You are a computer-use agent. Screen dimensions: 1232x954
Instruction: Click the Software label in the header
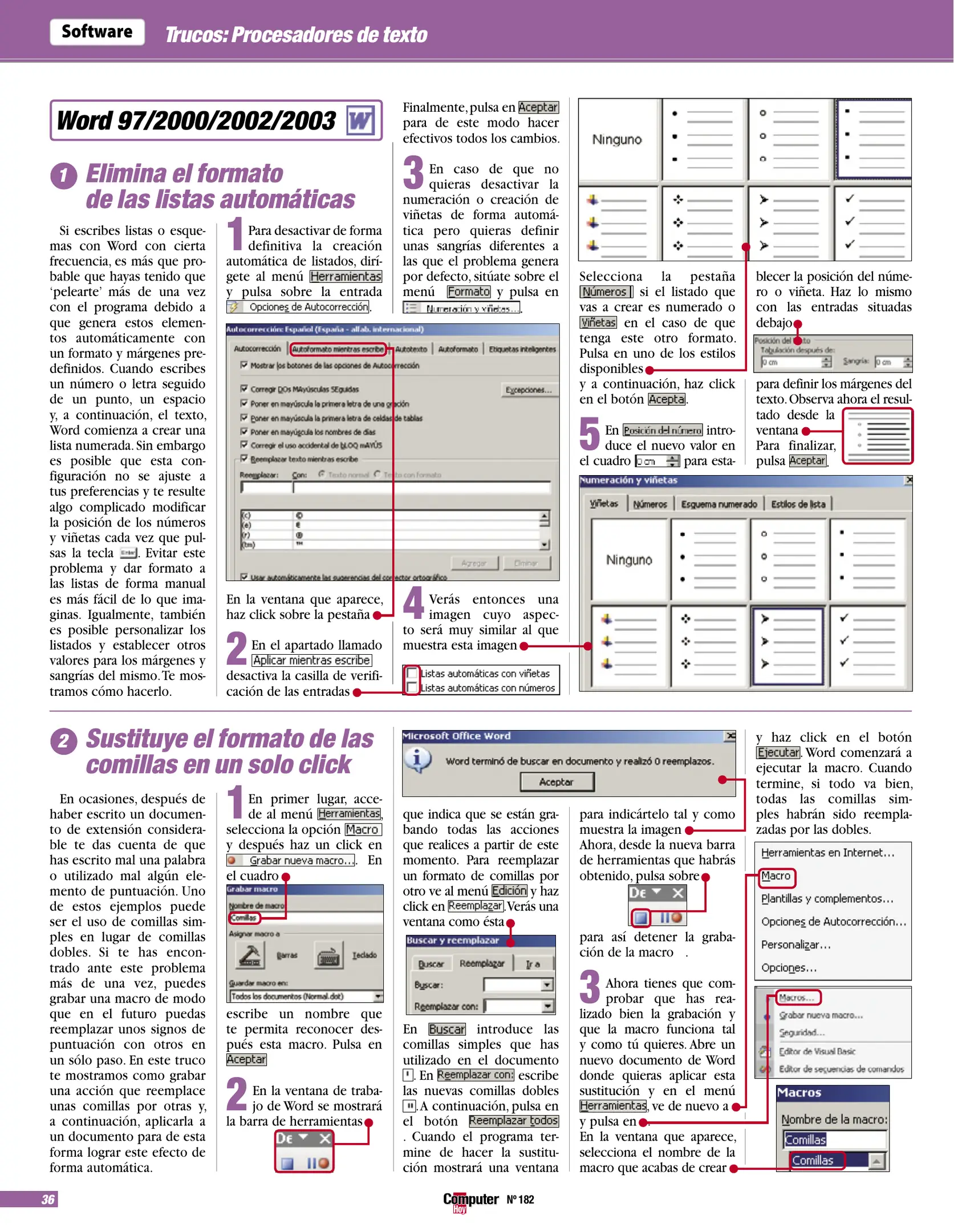(x=97, y=32)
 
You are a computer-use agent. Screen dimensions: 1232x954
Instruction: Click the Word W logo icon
(x=360, y=120)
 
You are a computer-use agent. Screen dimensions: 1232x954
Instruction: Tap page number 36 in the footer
(x=48, y=1199)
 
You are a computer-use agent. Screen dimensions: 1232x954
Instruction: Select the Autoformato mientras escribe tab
(x=338, y=349)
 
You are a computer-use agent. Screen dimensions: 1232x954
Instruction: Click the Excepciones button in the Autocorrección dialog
(x=529, y=390)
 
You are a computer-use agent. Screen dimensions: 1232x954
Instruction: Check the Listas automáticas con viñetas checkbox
(x=412, y=673)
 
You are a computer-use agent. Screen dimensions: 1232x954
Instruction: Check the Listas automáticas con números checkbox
(x=412, y=688)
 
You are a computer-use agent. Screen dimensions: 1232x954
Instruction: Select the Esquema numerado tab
(x=718, y=504)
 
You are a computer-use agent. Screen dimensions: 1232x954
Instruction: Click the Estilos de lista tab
(x=798, y=504)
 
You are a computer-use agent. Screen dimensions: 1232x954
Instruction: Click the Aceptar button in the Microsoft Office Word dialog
(x=557, y=782)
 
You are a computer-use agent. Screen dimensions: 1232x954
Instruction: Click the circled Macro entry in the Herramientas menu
(x=776, y=876)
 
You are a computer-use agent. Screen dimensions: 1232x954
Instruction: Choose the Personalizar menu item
(x=795, y=945)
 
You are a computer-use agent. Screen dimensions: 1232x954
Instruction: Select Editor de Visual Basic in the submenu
(x=817, y=1051)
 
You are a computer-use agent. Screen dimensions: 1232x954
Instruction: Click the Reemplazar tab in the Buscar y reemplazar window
(x=482, y=963)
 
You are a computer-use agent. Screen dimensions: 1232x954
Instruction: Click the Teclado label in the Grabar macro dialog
(x=364, y=955)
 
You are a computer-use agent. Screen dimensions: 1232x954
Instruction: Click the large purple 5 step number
(x=589, y=433)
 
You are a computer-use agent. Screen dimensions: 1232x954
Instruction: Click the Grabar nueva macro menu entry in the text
(x=301, y=860)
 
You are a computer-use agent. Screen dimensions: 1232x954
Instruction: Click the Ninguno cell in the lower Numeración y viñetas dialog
(x=628, y=560)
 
